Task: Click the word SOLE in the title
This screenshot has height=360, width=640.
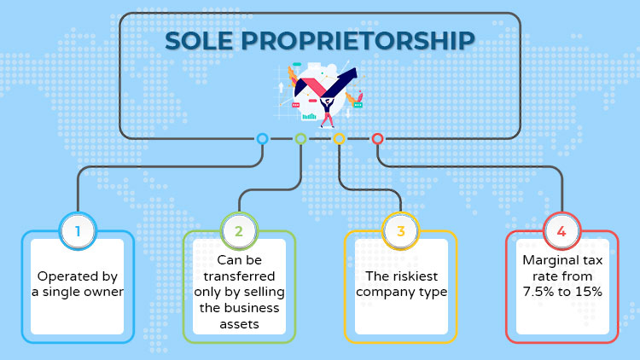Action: tap(199, 41)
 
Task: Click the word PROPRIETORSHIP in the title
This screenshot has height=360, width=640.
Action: tap(358, 41)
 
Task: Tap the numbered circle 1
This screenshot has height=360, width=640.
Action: tap(78, 231)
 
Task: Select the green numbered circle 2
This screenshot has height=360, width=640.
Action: tap(239, 231)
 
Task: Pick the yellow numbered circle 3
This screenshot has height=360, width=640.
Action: tap(400, 231)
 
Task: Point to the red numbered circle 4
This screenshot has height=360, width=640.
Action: tap(561, 231)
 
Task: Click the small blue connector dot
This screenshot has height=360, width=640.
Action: tap(262, 139)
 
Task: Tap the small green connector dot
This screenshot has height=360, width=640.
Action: tap(300, 139)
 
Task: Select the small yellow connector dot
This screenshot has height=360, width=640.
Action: tap(339, 139)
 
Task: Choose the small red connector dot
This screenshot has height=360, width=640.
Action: tap(377, 139)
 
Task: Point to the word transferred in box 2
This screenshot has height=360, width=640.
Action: tap(239, 276)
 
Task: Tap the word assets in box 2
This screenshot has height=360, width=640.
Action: tap(239, 324)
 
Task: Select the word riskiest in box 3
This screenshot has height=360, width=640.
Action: tap(416, 276)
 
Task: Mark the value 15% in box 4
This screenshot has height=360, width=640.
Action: tap(588, 292)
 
